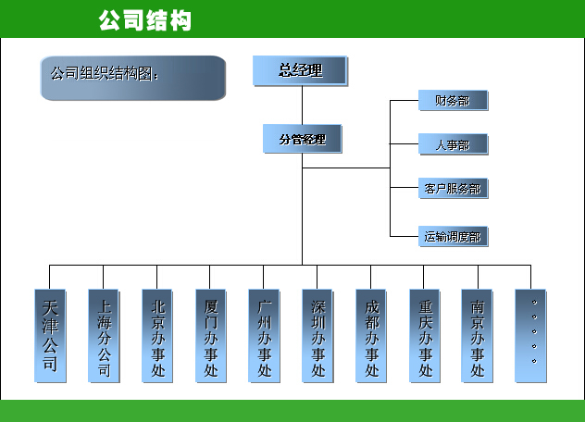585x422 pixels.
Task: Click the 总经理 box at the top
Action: pyautogui.click(x=300, y=70)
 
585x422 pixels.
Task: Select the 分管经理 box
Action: pyautogui.click(x=302, y=140)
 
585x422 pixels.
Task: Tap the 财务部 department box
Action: pyautogui.click(x=452, y=101)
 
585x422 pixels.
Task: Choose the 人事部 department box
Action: pyautogui.click(x=452, y=144)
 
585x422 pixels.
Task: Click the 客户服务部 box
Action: pyautogui.click(x=452, y=189)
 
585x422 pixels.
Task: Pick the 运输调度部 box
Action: pyautogui.click(x=452, y=236)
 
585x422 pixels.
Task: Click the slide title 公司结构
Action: pyautogui.click(x=144, y=19)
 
